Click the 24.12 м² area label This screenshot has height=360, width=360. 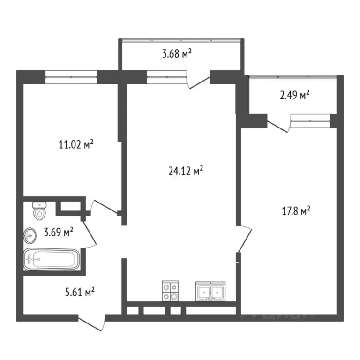click(185, 171)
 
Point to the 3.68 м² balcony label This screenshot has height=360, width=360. click(177, 54)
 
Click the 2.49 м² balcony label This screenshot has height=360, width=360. click(294, 96)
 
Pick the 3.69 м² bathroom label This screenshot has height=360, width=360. click(58, 231)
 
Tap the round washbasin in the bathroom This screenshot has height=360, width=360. click(30, 235)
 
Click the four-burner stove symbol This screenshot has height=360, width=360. click(170, 291)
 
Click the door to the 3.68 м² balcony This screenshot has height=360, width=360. click(197, 80)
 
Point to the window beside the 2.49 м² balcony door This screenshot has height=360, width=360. click(310, 120)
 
